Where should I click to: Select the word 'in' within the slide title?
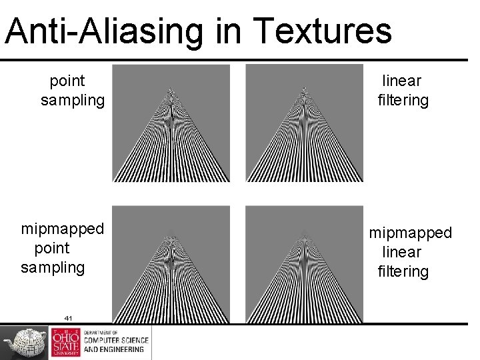click(x=227, y=31)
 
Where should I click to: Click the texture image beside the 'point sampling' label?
click(x=171, y=123)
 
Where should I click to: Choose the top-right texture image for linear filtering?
click(x=304, y=123)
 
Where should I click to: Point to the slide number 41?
click(x=68, y=318)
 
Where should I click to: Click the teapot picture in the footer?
click(x=24, y=343)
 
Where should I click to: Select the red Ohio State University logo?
click(x=65, y=343)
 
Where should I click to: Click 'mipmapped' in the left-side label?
click(x=63, y=229)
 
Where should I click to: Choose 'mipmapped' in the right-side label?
click(x=411, y=233)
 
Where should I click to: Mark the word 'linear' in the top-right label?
click(x=402, y=81)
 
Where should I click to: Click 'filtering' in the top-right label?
click(x=403, y=100)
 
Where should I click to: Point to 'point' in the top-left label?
click(x=67, y=81)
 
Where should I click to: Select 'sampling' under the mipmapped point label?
click(x=53, y=267)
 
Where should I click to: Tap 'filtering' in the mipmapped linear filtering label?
click(x=403, y=271)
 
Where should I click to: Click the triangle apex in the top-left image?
click(x=171, y=89)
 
